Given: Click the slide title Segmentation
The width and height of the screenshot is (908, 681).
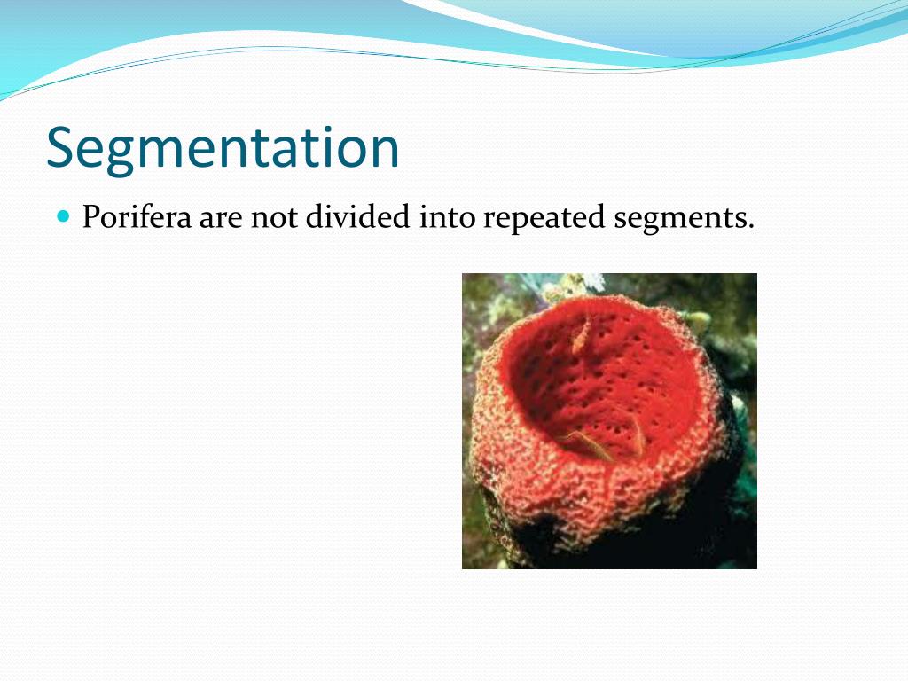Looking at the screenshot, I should pos(223,148).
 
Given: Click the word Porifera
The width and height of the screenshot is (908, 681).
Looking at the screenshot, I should pos(137,218).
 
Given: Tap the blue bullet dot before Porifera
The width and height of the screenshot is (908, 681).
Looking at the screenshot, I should pos(62,215).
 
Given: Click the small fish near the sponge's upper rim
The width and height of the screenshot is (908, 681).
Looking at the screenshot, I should pos(581,335).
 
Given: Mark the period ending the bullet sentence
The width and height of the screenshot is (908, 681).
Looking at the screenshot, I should pos(750,226).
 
